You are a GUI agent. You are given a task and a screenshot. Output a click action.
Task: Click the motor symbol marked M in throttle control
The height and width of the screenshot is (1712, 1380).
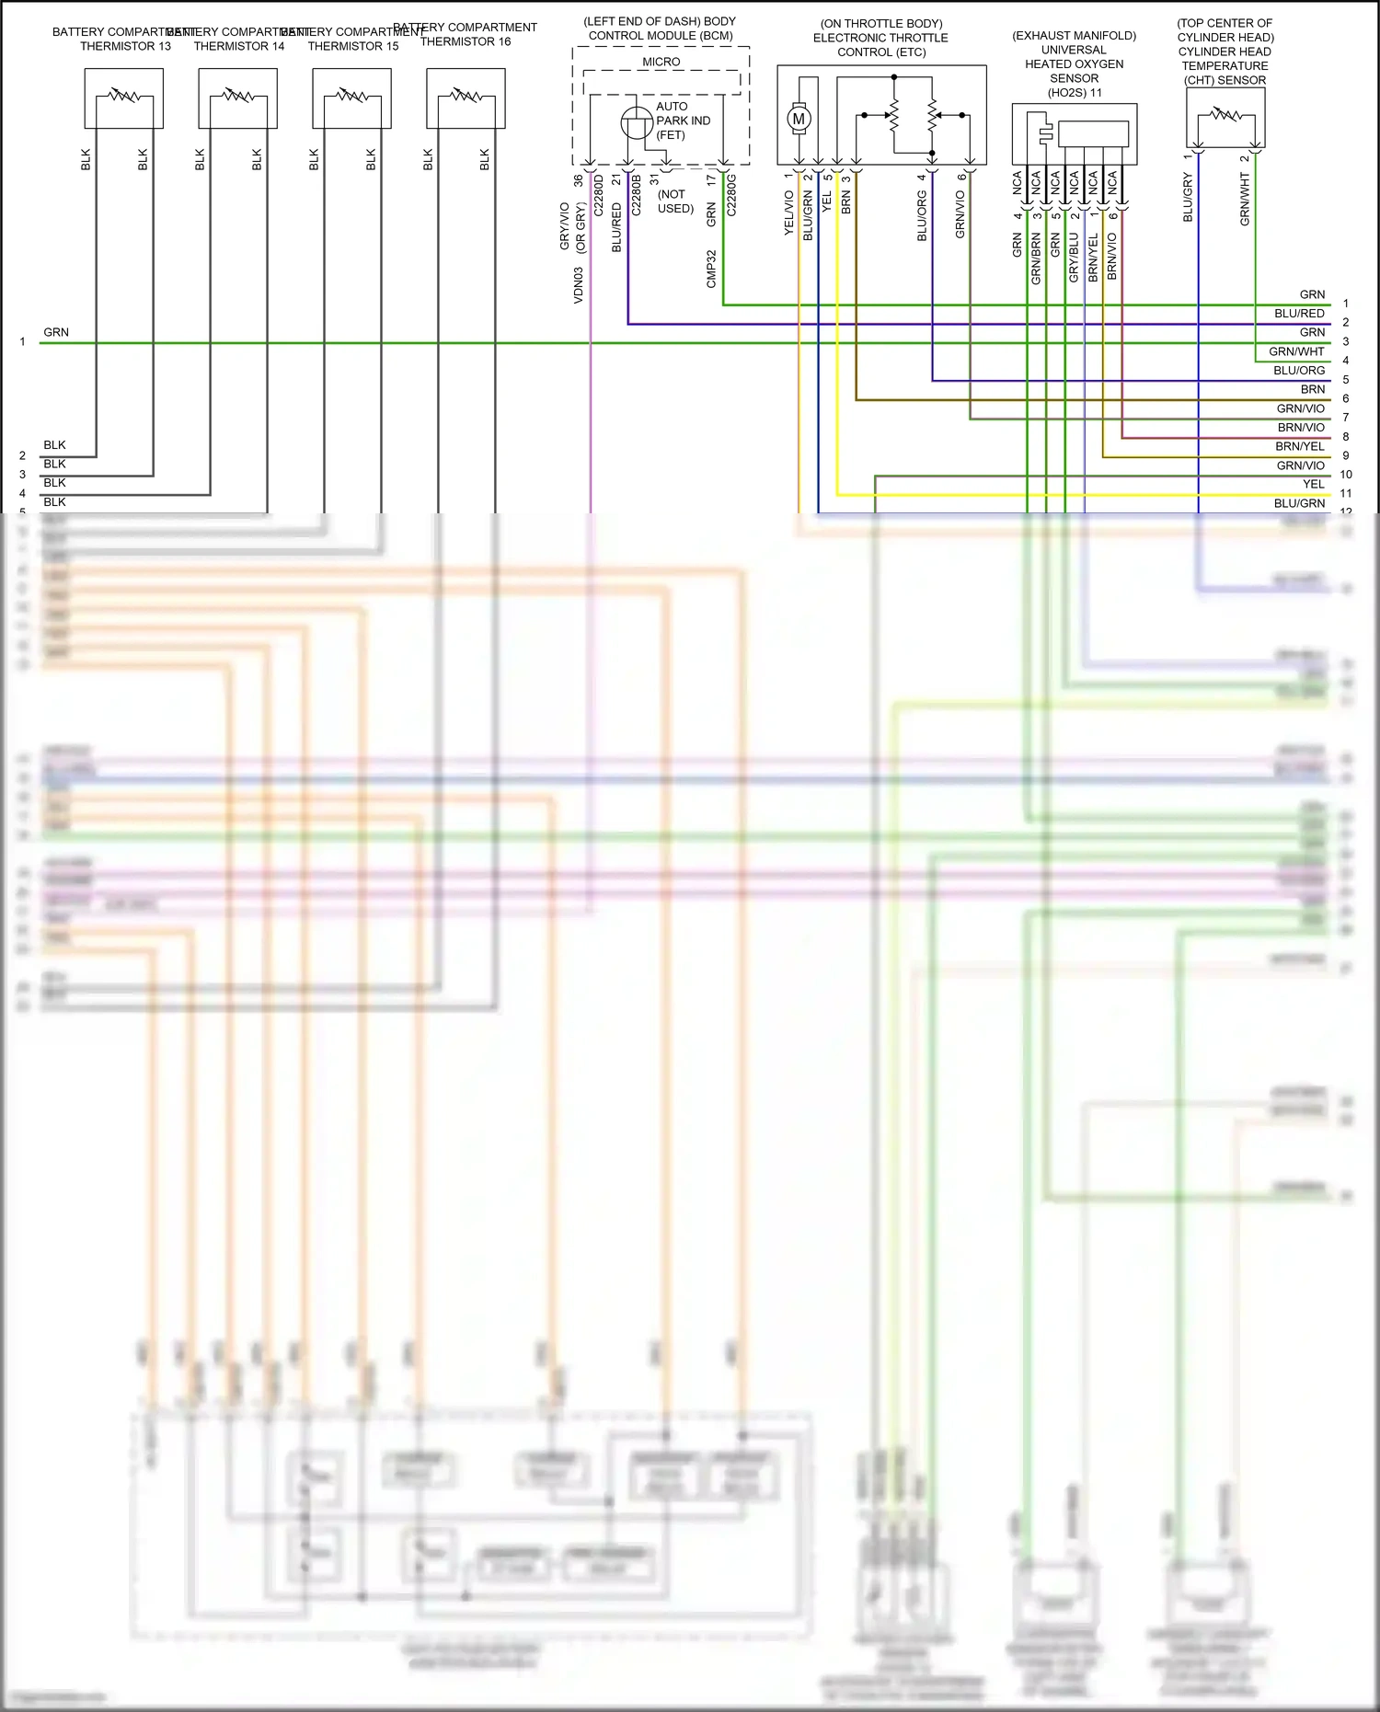click(x=799, y=118)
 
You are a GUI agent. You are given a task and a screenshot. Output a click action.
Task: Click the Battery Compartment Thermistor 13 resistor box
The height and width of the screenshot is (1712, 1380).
click(x=124, y=98)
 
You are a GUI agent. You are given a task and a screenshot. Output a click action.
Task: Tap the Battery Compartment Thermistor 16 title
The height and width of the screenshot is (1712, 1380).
click(x=466, y=35)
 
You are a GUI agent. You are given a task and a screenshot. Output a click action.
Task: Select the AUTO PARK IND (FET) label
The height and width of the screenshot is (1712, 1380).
click(x=683, y=121)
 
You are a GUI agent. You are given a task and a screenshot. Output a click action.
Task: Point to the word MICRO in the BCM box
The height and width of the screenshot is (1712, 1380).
click(x=661, y=62)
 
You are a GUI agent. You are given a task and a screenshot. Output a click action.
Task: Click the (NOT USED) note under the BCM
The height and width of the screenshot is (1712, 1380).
click(x=675, y=201)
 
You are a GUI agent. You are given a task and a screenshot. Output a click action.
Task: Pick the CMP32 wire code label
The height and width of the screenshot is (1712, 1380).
click(x=711, y=269)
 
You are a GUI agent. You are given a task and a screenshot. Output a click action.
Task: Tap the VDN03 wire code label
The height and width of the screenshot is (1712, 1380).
click(x=579, y=285)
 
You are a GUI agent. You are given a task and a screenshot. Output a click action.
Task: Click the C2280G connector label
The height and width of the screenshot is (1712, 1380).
click(x=731, y=195)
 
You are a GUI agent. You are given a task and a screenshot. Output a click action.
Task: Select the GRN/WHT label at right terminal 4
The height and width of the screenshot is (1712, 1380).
click(x=1296, y=351)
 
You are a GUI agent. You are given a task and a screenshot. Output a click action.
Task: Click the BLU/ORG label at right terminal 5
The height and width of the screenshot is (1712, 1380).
click(x=1299, y=371)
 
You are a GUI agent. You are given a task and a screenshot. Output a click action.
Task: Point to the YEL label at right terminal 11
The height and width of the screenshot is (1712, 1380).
click(x=1314, y=485)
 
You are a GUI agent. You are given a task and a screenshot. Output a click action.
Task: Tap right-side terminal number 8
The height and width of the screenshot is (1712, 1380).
click(x=1346, y=437)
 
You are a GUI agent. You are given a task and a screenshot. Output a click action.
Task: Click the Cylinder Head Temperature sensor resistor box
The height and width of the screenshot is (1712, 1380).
click(x=1225, y=117)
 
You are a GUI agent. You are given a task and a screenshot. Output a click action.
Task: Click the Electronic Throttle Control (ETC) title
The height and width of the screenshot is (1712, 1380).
click(x=880, y=38)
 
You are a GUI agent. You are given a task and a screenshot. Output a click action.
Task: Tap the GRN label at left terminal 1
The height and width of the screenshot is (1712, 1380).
click(x=56, y=332)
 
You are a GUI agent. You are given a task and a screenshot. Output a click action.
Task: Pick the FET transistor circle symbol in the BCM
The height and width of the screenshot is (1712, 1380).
click(x=637, y=123)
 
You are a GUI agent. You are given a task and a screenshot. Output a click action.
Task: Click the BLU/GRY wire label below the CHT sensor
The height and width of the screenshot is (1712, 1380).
click(x=1188, y=199)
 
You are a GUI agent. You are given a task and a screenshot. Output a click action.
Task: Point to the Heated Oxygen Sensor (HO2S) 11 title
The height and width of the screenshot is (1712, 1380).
click(x=1075, y=64)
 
